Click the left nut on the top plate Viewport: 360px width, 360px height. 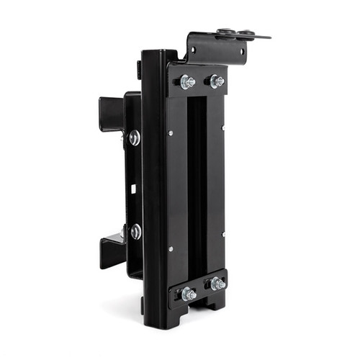click(x=189, y=82)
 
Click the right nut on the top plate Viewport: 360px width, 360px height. click(x=217, y=81)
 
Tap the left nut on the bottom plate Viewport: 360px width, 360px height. click(x=189, y=293)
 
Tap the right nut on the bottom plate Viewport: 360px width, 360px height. click(x=217, y=284)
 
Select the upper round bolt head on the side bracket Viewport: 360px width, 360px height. click(x=135, y=138)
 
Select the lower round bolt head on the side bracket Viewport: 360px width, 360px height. click(x=135, y=232)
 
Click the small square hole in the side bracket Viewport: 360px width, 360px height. click(x=134, y=189)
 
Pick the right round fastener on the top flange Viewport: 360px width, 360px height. click(x=247, y=32)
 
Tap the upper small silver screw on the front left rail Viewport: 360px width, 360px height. click(x=171, y=132)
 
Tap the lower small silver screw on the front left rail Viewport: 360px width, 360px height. click(x=171, y=249)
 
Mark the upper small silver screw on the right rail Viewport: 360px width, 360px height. click(x=222, y=128)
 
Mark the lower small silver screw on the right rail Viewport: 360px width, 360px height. click(x=222, y=235)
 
